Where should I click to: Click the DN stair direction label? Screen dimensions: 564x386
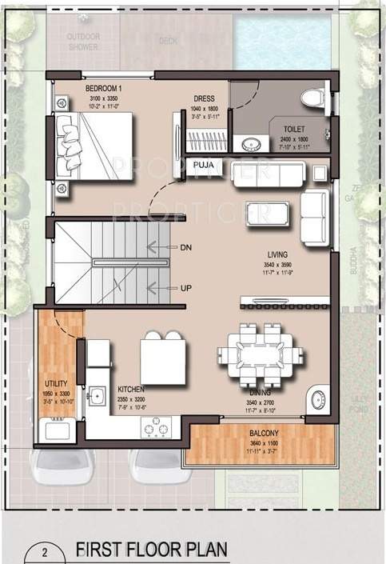pyautogui.click(x=185, y=247)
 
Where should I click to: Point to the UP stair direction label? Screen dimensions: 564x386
pyautogui.click(x=185, y=288)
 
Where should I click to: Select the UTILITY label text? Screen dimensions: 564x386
pyautogui.click(x=55, y=384)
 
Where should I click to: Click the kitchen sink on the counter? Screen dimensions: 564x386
pyautogui.click(x=97, y=395)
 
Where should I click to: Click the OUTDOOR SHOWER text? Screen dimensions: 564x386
pyautogui.click(x=83, y=42)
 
